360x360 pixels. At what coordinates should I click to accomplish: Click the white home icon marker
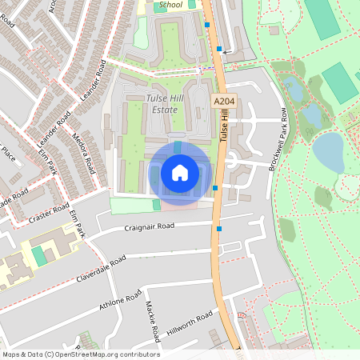(x=179, y=172)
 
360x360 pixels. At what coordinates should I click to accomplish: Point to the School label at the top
(x=170, y=5)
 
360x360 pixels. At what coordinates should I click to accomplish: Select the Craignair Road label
(x=149, y=226)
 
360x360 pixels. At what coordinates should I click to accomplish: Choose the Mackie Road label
(x=154, y=318)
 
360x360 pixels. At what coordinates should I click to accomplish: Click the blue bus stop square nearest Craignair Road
(x=219, y=230)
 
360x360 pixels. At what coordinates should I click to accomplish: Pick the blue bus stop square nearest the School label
(x=207, y=25)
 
